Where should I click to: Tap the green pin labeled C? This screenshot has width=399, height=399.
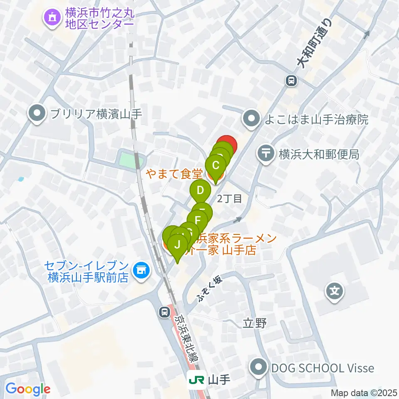(216, 166)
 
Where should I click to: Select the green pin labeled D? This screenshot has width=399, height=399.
(201, 191)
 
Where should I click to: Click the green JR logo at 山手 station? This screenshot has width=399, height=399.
(196, 379)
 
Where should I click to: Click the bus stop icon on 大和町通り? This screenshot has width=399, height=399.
(292, 80)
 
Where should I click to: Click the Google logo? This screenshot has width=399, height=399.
(28, 389)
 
